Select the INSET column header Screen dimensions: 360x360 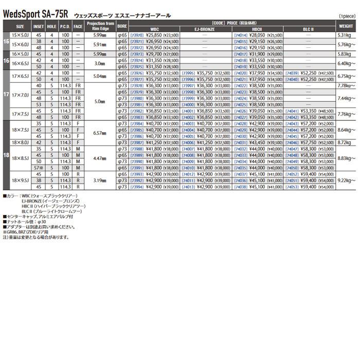[x=38, y=25]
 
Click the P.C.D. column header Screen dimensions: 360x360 [x=64, y=25]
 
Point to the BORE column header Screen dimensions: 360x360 [x=122, y=25]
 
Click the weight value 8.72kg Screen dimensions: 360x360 [x=345, y=142]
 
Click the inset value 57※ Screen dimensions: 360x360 [x=38, y=168]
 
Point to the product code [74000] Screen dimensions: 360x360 [x=188, y=105]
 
